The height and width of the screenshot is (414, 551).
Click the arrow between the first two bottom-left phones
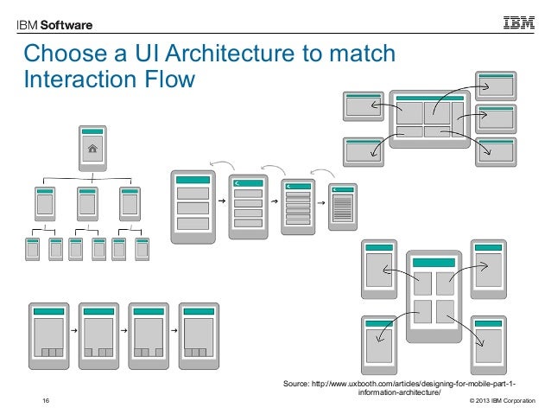pyautogui.click(x=73, y=330)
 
